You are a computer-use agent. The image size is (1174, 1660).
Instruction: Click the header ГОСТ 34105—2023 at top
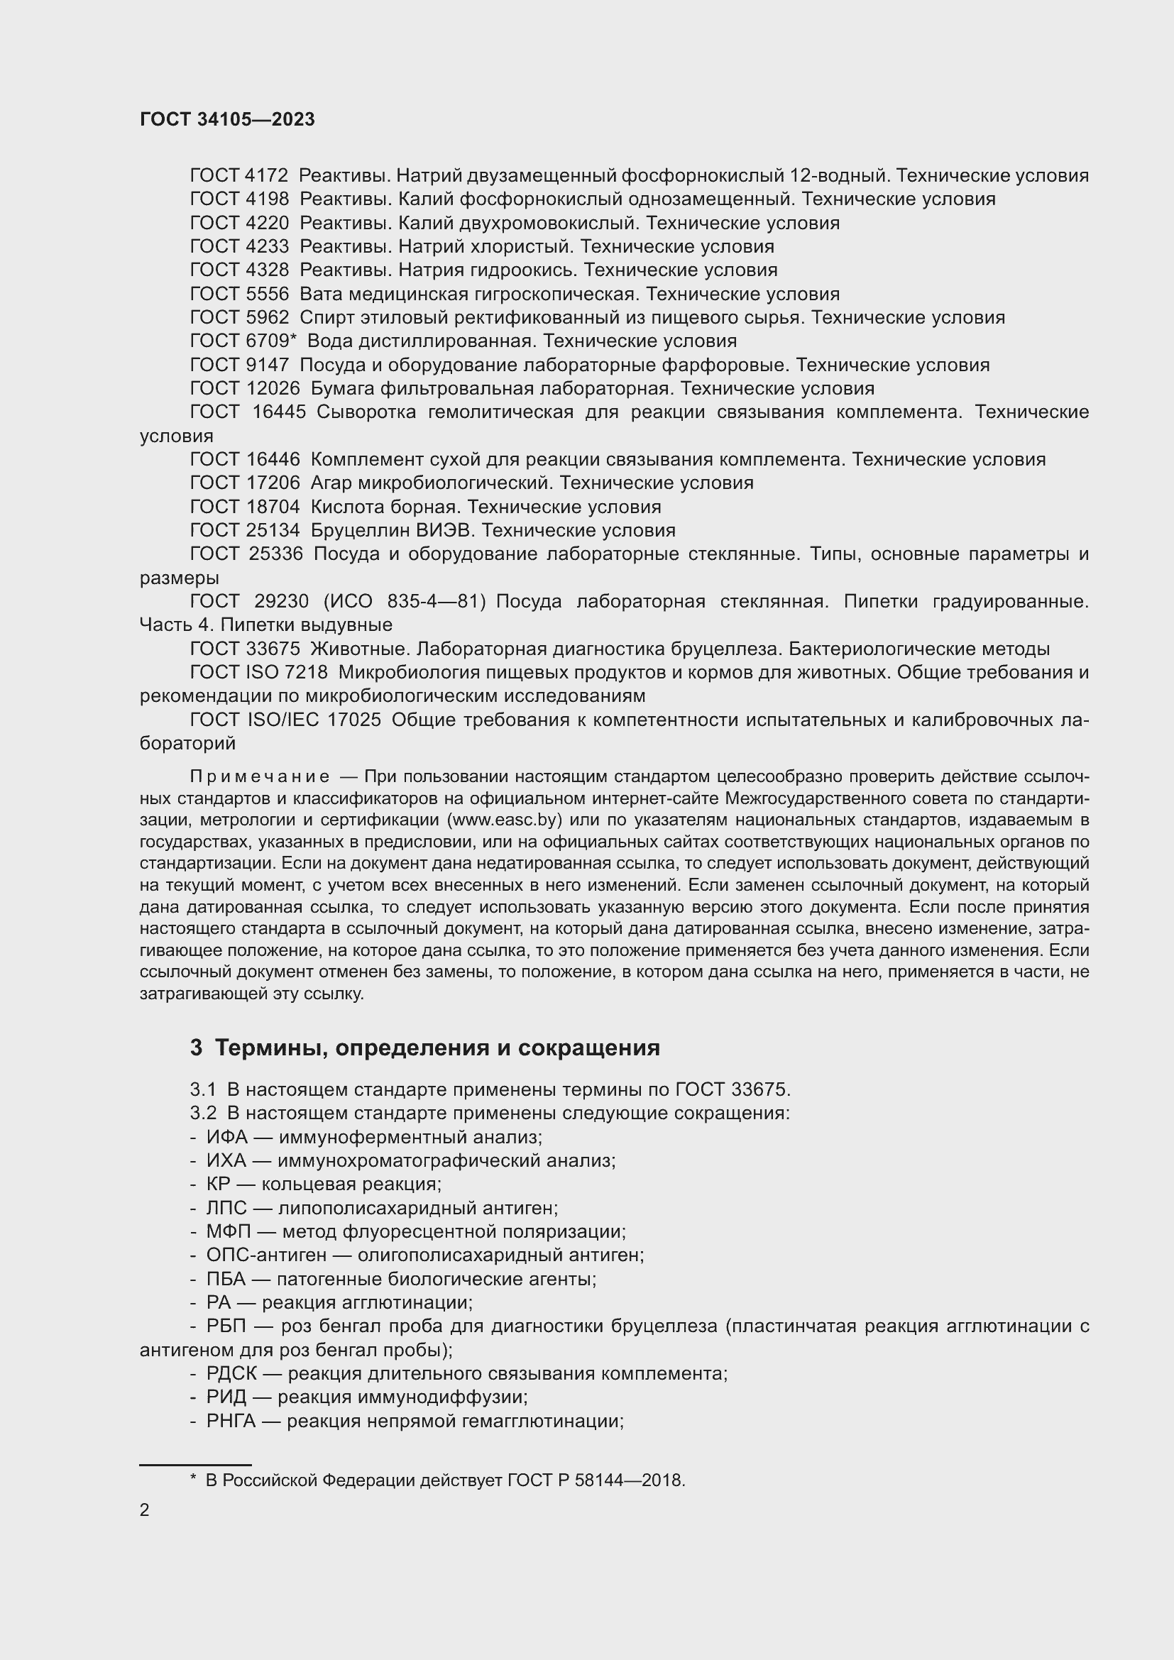click(227, 119)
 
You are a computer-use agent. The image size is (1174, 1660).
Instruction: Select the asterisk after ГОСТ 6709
click(294, 339)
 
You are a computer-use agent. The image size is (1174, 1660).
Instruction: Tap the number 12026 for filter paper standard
click(273, 389)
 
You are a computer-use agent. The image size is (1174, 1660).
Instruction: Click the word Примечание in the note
click(260, 776)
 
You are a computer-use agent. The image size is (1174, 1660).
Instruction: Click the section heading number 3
click(196, 1048)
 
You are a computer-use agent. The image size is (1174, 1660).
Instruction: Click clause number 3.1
click(202, 1089)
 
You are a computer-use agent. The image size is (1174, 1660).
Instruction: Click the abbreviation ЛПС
click(226, 1208)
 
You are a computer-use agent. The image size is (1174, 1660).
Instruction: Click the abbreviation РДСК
click(231, 1374)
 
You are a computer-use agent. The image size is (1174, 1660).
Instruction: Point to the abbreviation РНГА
click(231, 1422)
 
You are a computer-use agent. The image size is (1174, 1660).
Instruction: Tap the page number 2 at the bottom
click(145, 1510)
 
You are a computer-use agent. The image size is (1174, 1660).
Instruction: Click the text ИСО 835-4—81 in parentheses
click(404, 602)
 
